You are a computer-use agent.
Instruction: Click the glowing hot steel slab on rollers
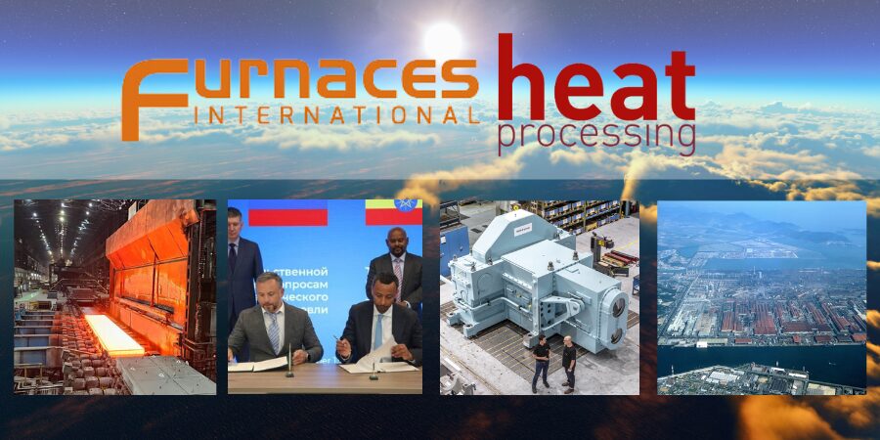pyautogui.click(x=113, y=332)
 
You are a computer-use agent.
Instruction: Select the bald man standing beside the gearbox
pyautogui.click(x=569, y=362)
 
